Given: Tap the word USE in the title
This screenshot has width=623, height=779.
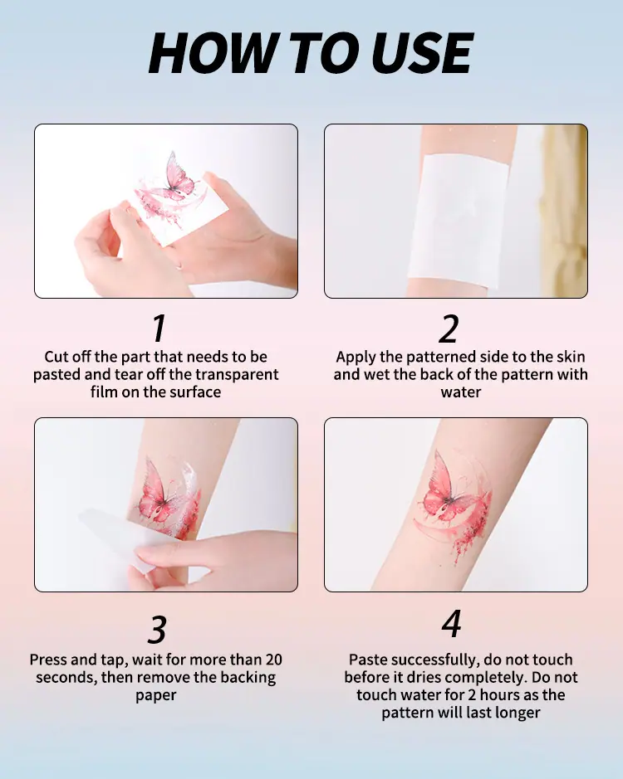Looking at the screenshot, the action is click(422, 53).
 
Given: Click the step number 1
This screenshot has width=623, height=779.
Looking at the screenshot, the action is click(159, 328).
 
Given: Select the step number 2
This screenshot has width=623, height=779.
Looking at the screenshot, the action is click(449, 329).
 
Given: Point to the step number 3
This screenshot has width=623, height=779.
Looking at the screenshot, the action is click(157, 630).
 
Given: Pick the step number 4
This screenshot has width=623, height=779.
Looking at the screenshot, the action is click(452, 624).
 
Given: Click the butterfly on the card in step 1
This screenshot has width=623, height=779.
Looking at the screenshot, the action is click(177, 178).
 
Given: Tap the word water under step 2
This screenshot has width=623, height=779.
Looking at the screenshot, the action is click(461, 392).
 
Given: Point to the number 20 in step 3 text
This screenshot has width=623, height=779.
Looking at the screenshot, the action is click(273, 660).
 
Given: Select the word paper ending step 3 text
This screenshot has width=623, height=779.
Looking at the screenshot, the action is click(156, 695).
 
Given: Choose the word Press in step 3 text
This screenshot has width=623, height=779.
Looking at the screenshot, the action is click(48, 660).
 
